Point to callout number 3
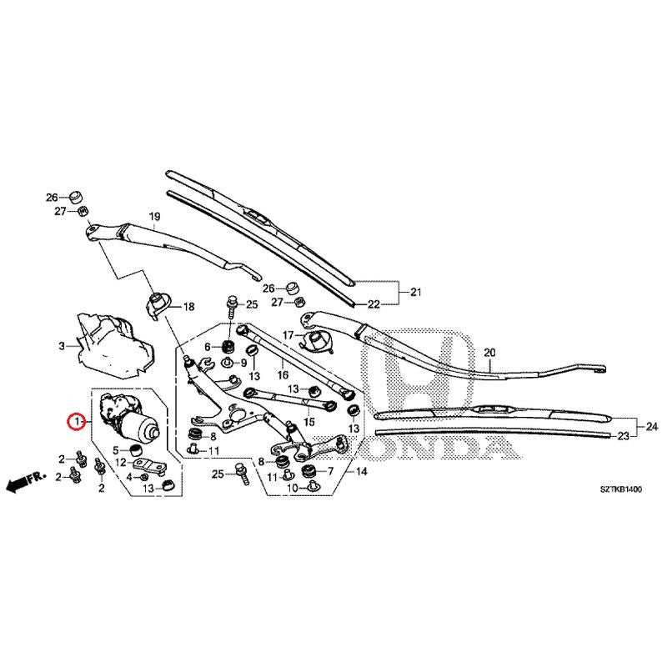62,346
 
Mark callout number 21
416,291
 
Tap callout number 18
188,307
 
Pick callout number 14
362,471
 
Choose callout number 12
121,462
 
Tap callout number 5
116,451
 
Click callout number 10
293,488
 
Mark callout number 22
374,303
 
